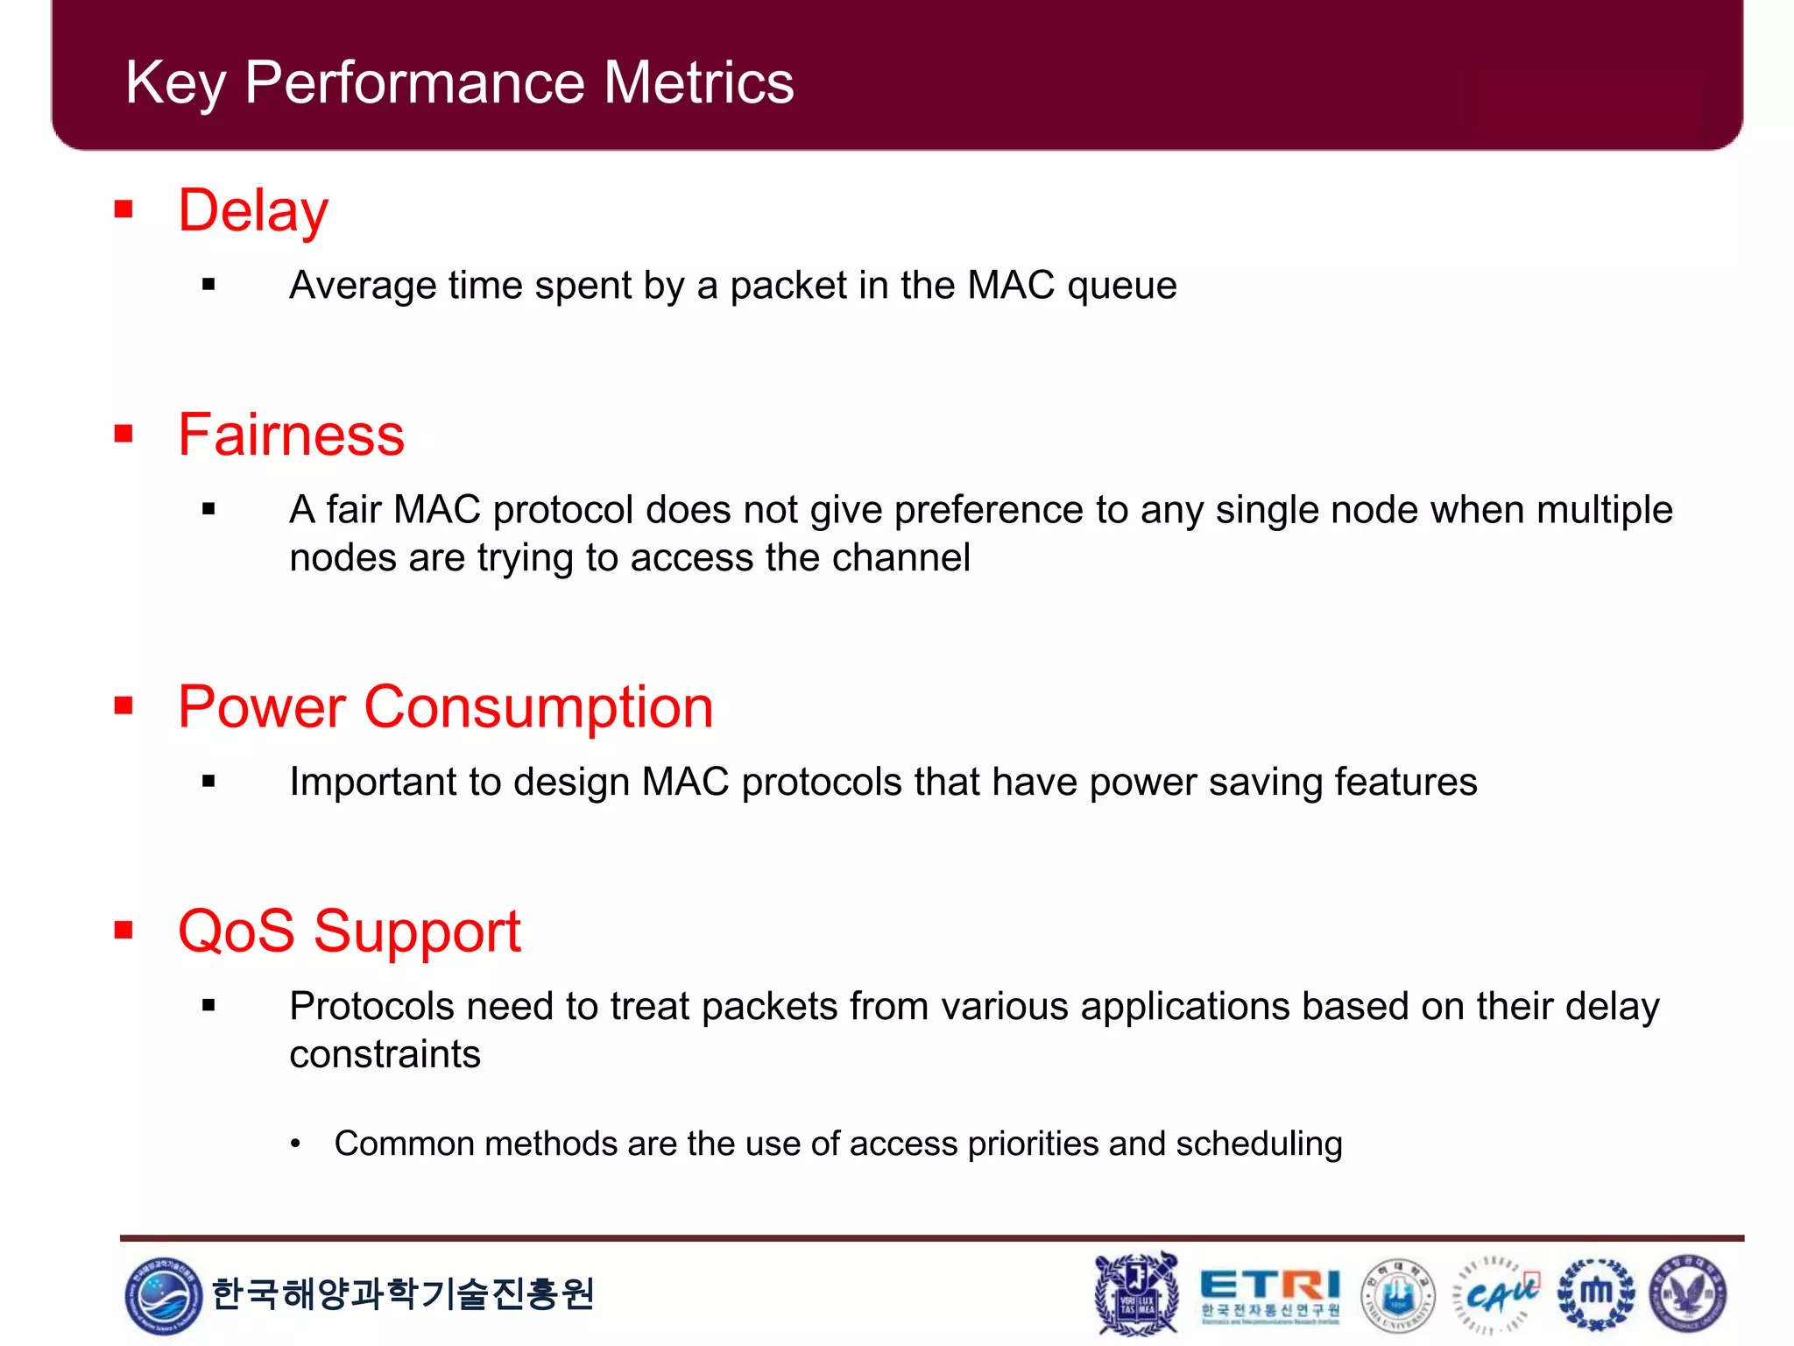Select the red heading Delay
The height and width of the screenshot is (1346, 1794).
[x=253, y=211]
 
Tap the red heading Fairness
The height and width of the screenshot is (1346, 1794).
[x=291, y=435]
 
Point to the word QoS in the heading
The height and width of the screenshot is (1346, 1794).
[x=236, y=931]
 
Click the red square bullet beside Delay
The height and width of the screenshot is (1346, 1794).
[x=124, y=209]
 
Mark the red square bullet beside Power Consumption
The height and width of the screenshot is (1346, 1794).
[x=124, y=705]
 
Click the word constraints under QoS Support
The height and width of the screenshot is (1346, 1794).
[x=385, y=1054]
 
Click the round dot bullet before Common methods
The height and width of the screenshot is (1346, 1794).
[x=296, y=1144]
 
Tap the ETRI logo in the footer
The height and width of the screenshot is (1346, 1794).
[x=1269, y=1293]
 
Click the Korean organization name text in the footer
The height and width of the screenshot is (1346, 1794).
[x=402, y=1293]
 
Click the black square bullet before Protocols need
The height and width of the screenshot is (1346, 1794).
[x=208, y=1006]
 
